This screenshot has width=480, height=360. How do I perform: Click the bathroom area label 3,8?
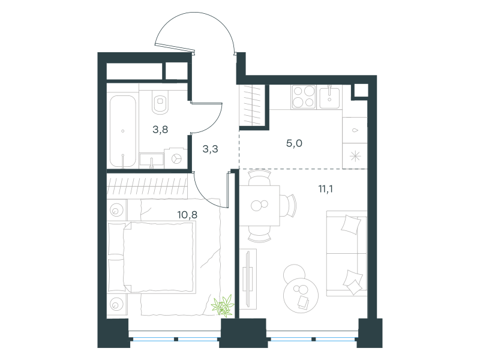pos(160,130)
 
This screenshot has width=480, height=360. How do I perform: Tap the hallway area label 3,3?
pos(211,149)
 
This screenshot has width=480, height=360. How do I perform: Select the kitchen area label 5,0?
pos(294,143)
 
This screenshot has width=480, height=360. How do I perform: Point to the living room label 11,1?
pos(326,188)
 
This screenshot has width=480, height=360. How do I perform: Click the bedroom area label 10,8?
pos(187,215)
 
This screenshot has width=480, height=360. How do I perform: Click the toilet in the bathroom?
pos(160,102)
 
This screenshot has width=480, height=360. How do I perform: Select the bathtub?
pos(123,131)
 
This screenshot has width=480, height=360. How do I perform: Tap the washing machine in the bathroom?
pos(176,158)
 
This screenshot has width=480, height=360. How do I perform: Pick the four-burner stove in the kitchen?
pos(304,97)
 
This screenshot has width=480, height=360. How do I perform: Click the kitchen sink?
pos(329,97)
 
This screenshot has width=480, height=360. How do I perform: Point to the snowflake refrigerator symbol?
pos(355,157)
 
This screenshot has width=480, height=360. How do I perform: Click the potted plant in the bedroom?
pos(223,305)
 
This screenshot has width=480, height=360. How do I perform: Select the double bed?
pos(151,257)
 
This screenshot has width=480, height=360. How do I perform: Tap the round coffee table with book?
pos(301,295)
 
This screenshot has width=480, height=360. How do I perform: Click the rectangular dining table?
pos(260,205)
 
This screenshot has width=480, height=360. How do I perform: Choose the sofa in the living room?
pos(347,253)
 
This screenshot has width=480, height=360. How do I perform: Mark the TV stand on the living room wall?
pos(248,278)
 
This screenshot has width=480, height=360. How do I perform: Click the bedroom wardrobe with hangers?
pos(147,187)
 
